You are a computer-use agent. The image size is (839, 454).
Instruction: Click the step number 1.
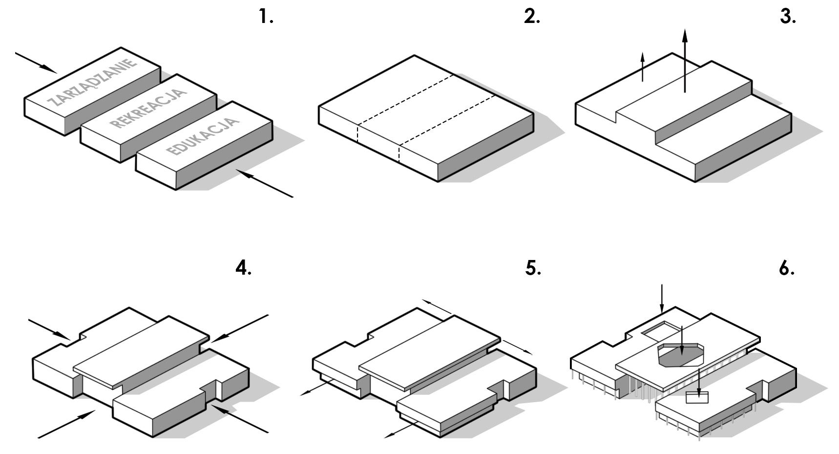tap(266, 18)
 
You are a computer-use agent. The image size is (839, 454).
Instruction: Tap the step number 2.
tap(532, 18)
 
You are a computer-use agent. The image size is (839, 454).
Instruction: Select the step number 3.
tap(788, 18)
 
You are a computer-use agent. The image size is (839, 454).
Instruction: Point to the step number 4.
tap(243, 268)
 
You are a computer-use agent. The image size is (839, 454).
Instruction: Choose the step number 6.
tap(787, 268)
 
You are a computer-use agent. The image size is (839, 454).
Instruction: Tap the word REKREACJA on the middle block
tap(148, 108)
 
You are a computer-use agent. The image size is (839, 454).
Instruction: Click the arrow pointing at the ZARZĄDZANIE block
tap(36, 63)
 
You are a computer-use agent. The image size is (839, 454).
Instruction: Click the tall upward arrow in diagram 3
tap(685, 61)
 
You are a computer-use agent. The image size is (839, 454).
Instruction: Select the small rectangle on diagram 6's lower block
tap(697, 397)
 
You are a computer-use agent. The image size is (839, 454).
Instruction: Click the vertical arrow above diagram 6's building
tap(661, 298)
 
